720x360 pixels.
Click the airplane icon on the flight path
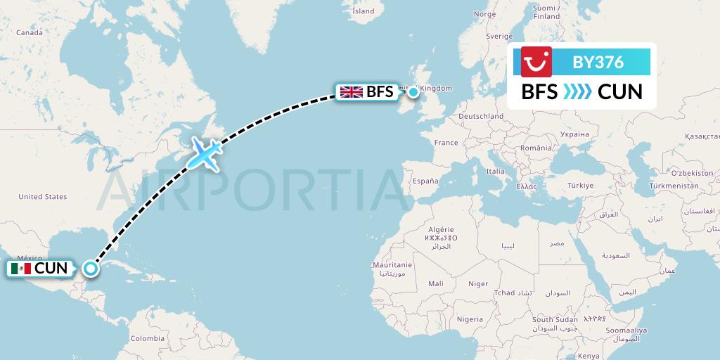coord(204,154)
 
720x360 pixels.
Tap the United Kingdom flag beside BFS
coord(351,92)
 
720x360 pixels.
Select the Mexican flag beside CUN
coord(21,269)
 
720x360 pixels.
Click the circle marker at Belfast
coord(413,92)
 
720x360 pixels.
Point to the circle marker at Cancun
coord(90,268)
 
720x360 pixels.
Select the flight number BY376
coord(598,62)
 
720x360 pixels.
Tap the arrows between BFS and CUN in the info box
coord(577,92)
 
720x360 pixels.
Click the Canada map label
coord(30,32)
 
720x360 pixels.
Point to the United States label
coord(42,197)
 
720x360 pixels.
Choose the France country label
coord(446,143)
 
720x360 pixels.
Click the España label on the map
coord(425,181)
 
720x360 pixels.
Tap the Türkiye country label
coord(581,185)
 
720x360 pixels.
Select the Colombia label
coord(147,338)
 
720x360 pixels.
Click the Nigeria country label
coord(470,319)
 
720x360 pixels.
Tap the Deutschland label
coord(480,116)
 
